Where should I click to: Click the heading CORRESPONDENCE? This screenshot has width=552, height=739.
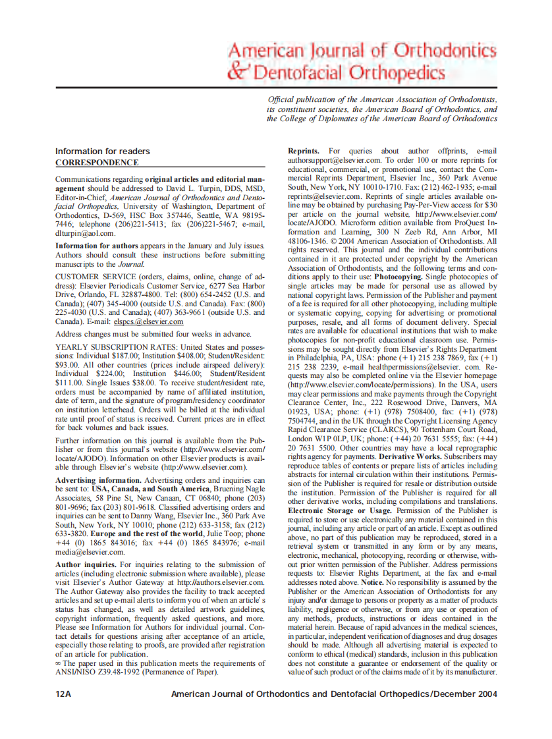tap(97, 162)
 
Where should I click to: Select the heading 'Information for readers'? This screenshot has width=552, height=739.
tap(102, 151)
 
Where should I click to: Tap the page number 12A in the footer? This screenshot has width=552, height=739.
tap(63, 694)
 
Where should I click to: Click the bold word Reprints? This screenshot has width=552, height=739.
tap(304, 151)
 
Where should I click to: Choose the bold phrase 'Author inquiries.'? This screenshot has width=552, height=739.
tap(86, 564)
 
